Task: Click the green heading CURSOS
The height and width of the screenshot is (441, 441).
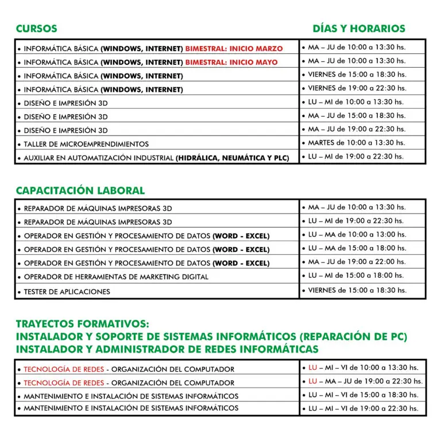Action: point(36,28)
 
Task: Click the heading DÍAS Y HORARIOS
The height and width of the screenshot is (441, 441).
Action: point(358,28)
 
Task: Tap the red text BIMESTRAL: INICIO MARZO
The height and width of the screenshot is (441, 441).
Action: point(234,49)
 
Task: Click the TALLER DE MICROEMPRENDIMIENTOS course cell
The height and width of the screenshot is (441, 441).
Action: point(86,144)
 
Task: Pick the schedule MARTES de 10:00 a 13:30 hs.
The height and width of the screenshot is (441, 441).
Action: point(356,142)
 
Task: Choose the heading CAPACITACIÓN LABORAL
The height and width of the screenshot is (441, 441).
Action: point(80,190)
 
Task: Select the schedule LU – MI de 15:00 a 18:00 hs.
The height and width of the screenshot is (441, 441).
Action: point(357,276)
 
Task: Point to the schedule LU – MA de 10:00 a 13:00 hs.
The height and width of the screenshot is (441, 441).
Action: point(357,234)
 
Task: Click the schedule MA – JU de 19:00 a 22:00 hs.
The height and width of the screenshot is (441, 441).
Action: point(357,261)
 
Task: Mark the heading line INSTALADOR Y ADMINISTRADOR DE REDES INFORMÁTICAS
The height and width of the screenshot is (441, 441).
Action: point(167,349)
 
